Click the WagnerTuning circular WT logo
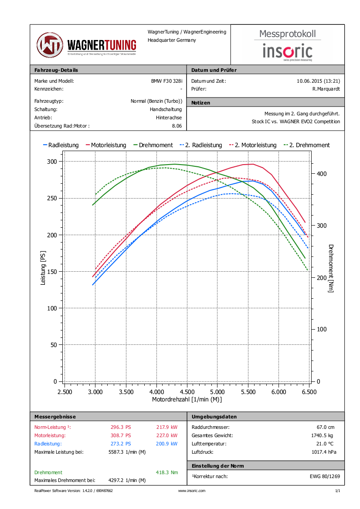pos(50,45)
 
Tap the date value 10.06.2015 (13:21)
pos(318,81)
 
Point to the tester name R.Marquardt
pos(326,89)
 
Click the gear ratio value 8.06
pos(177,126)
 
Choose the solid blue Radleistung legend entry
pos(61,145)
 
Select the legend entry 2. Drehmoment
pos(307,145)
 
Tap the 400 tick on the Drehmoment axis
pos(321,174)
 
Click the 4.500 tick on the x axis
pos(187,392)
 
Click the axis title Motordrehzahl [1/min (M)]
pos(187,399)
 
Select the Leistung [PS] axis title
pos(43,268)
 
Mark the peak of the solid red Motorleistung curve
pos(253,164)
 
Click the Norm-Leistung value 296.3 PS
pos(121,427)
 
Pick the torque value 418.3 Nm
pos(166,472)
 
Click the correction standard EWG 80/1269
pos(322,476)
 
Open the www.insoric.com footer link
pos(192,491)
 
